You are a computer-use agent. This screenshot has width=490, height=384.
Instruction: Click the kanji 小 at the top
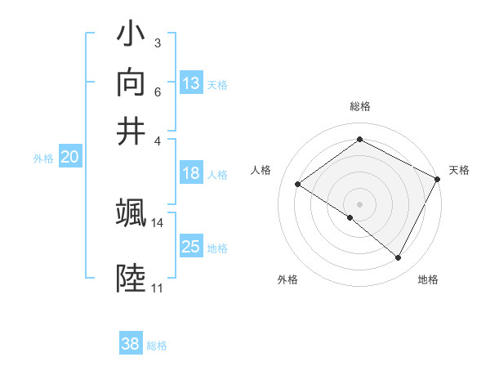tap(131, 37)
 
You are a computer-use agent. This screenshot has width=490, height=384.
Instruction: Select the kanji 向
tap(131, 83)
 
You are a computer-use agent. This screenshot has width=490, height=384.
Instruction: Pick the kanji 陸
tap(131, 279)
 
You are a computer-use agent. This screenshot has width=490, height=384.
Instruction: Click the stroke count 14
tap(158, 222)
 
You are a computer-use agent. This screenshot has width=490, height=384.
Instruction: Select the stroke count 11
tap(157, 288)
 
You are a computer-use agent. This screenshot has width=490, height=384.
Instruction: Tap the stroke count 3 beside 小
tap(157, 42)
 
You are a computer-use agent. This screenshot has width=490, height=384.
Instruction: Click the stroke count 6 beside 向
tap(157, 91)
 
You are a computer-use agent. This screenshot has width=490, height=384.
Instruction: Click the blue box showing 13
tap(191, 83)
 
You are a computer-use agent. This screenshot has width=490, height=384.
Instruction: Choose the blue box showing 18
tap(191, 173)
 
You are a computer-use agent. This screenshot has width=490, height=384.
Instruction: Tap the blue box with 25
tap(191, 247)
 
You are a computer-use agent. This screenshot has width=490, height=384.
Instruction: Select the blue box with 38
tap(131, 344)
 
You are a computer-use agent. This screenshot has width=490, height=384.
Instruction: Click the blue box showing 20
tap(69, 158)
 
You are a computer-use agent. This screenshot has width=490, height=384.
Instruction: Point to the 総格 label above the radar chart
tap(359, 106)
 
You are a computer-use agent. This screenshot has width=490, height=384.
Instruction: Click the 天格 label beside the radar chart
tap(459, 170)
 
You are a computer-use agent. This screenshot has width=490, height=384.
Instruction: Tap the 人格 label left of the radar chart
tap(261, 170)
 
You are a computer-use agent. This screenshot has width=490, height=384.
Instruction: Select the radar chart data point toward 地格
tap(399, 258)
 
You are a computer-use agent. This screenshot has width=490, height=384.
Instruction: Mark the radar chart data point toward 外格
tap(350, 218)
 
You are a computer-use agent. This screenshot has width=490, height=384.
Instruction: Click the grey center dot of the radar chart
tap(359, 203)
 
